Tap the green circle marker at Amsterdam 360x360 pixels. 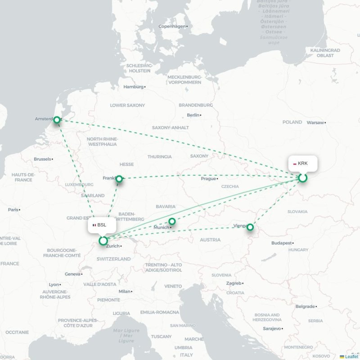click(57, 120)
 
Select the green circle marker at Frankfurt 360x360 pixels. click(119, 179)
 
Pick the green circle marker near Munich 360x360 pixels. click(172, 221)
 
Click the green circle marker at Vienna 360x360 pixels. click(251, 228)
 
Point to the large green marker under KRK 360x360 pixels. click(303, 178)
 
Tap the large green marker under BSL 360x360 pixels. click(103, 241)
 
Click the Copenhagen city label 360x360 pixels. click(172, 27)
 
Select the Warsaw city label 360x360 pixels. click(315, 122)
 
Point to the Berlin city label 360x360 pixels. click(193, 115)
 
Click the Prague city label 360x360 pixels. click(208, 179)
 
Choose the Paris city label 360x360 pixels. click(13, 210)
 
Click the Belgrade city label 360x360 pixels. click(305, 306)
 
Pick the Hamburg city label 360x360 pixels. click(133, 87)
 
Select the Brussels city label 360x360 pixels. click(43, 159)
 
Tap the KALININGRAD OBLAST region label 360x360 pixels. click(324, 53)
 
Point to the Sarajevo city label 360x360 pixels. click(272, 328)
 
